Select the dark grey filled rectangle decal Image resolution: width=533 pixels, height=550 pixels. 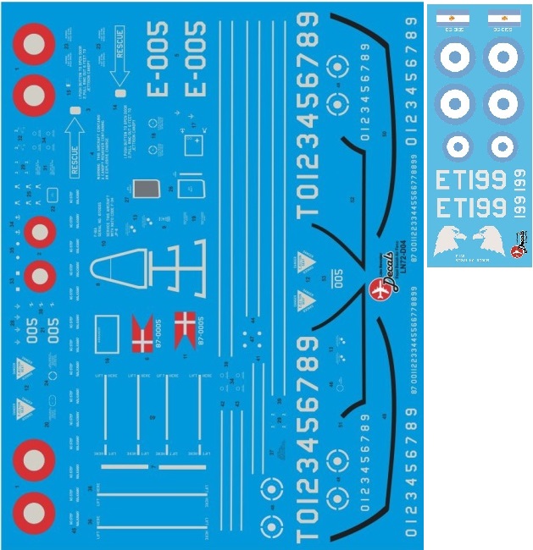(148, 193)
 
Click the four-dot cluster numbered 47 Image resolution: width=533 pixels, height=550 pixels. (249, 337)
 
